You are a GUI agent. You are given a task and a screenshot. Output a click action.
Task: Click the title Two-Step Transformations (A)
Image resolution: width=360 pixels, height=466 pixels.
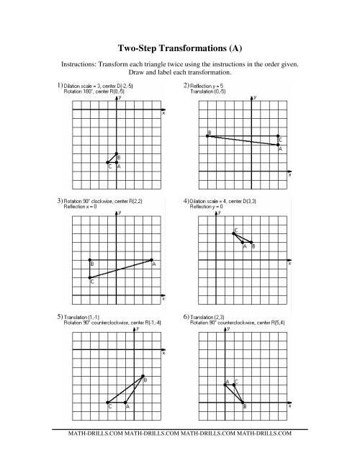tap(179, 49)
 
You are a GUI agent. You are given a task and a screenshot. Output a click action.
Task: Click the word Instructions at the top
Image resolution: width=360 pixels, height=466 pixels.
tap(80, 64)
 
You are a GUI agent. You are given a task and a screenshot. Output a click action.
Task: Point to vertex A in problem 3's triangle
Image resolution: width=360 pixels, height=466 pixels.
tap(153, 260)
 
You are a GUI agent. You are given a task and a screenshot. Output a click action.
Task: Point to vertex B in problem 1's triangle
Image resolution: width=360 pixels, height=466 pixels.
tap(117, 153)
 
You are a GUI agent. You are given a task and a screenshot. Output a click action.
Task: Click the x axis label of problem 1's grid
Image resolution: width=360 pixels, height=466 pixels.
tap(163, 113)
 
